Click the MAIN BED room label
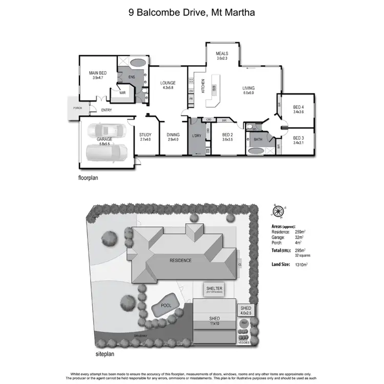coord(97,73)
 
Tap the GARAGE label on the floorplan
coord(104,139)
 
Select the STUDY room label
coord(145,135)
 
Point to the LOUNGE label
coord(168,83)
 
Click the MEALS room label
coord(222,54)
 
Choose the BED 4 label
coord(298,106)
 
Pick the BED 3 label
coord(298,138)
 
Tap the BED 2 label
coord(228,135)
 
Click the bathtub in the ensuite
coord(137,63)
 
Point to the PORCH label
coord(77,108)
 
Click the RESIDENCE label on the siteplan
coord(180,260)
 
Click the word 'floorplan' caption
coord(88,179)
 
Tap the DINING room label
coord(173,135)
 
